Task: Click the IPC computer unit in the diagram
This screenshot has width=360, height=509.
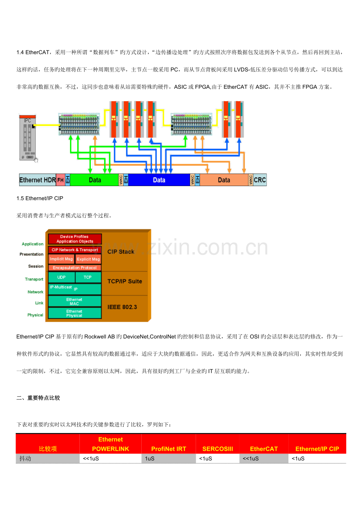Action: tap(27, 138)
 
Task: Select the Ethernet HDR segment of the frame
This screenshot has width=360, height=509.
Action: tap(38, 180)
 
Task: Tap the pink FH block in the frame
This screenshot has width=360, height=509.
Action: tap(61, 180)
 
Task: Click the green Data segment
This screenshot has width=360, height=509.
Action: tap(94, 180)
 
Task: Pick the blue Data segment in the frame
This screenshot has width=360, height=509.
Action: tap(159, 180)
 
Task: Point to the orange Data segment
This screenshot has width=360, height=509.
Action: tap(224, 180)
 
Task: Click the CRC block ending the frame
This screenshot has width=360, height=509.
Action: tap(260, 180)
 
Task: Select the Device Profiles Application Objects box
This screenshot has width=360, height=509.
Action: tap(75, 239)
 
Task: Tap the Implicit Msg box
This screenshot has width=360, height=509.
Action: tap(61, 259)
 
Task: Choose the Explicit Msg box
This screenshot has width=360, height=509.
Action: tap(88, 259)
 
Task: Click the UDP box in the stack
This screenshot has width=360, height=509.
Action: tap(61, 277)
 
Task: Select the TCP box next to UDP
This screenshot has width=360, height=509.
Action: tap(88, 277)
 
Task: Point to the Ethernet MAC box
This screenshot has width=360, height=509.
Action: tap(75, 301)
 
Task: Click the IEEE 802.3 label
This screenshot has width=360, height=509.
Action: tap(122, 307)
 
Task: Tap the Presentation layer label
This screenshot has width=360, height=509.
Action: tap(31, 254)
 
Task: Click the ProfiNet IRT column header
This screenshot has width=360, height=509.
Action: tap(169, 449)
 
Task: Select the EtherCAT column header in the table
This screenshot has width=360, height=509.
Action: tap(264, 449)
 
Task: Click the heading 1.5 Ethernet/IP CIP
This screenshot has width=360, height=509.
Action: tap(40, 198)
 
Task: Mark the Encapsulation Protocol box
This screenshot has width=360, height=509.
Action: tap(75, 268)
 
